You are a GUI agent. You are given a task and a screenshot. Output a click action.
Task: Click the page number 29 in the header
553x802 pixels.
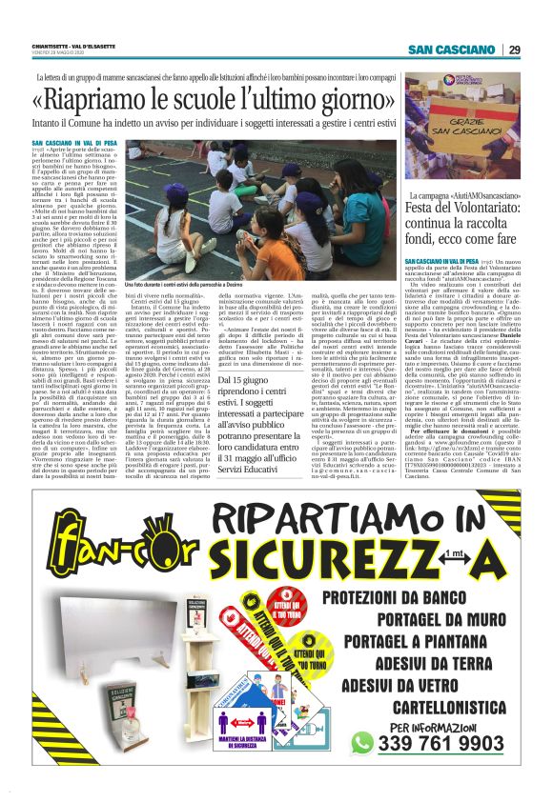coord(514,50)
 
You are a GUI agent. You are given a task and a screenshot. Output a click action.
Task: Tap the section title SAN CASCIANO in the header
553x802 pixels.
coord(456,50)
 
